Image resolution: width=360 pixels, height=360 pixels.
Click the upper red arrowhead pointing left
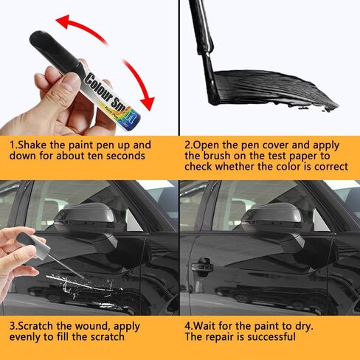tap(63, 21)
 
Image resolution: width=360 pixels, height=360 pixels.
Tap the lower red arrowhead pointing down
tap(147, 103)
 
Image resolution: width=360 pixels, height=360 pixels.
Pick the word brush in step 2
tap(217, 156)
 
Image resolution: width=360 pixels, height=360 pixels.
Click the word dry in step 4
tap(303, 327)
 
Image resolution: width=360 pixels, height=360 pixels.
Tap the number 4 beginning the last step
tap(187, 326)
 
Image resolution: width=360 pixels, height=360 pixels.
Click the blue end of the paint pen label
tap(133, 121)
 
